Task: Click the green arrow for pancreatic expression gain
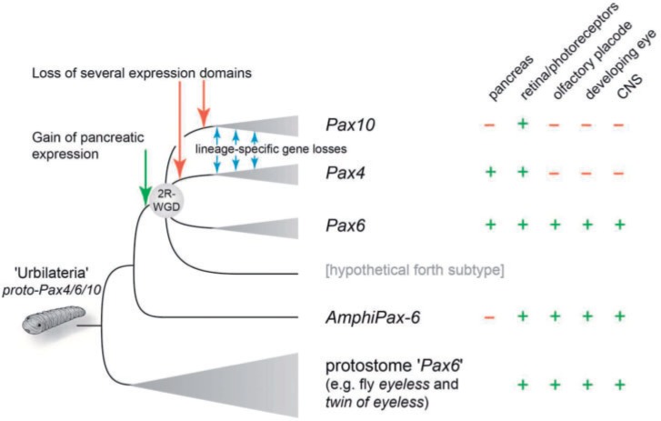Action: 144,178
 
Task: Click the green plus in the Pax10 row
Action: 523,124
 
